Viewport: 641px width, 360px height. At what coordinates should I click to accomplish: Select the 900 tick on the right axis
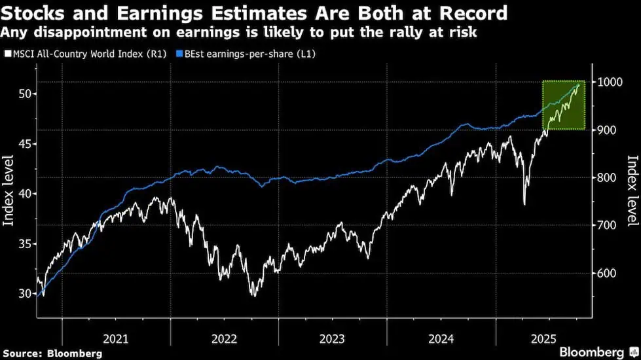(x=606, y=130)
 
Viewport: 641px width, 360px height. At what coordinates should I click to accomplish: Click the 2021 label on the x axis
(x=116, y=338)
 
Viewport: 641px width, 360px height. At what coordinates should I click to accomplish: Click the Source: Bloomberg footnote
(x=53, y=353)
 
